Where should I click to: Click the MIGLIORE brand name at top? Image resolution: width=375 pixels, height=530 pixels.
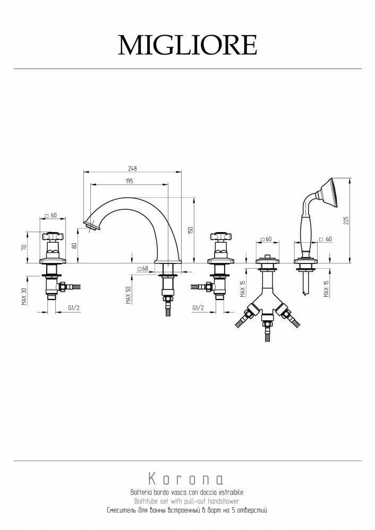click(187, 45)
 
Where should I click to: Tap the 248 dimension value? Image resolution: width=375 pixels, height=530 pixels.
click(132, 169)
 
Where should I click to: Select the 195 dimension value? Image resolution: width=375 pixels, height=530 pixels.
click(129, 181)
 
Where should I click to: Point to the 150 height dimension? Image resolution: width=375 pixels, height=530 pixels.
click(190, 230)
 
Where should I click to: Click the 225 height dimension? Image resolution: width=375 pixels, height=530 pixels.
click(346, 220)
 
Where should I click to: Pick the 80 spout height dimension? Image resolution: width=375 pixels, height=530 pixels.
click(75, 245)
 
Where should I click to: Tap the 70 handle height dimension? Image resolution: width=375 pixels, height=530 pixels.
click(23, 247)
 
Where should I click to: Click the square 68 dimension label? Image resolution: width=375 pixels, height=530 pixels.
click(143, 269)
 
